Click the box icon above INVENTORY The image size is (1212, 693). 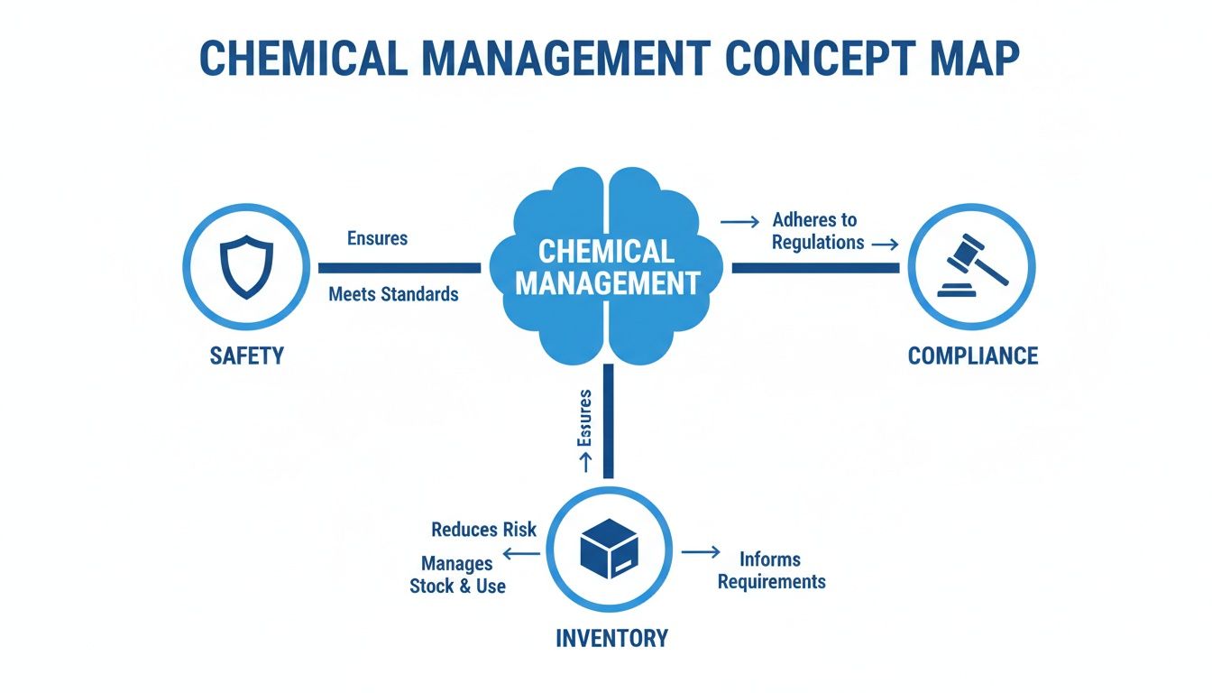point(609,550)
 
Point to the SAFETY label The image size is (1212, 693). point(247,356)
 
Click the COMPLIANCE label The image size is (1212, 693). point(972,356)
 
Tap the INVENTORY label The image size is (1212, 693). point(611,639)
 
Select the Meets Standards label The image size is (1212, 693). point(393,294)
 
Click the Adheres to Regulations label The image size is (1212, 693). point(816,231)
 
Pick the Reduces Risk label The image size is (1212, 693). point(483,530)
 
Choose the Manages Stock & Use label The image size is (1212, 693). point(457,575)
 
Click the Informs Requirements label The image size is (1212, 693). point(771,570)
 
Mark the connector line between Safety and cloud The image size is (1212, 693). point(399,267)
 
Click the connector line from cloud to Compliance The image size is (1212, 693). point(815,267)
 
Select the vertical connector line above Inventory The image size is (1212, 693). point(608,420)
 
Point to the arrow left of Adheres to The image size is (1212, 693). point(740,220)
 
